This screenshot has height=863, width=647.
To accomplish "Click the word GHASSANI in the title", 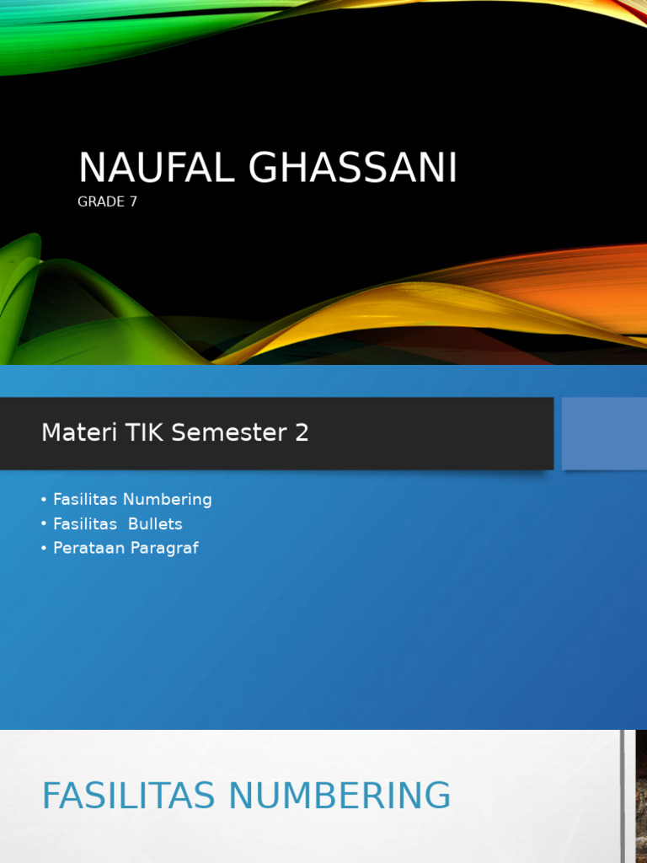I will click(x=353, y=169).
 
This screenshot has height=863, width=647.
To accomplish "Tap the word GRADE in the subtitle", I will click(x=101, y=202).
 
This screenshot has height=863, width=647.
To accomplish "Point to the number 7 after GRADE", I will click(x=133, y=202).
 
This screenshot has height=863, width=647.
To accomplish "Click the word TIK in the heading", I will click(x=144, y=433).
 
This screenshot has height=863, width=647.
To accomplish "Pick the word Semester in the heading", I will click(x=229, y=433).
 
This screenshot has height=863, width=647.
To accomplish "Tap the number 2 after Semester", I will click(x=302, y=433).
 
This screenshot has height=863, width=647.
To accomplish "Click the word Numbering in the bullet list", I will click(x=168, y=500).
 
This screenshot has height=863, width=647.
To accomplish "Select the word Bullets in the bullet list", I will click(x=155, y=524).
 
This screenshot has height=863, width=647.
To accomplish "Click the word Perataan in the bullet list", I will click(x=87, y=549).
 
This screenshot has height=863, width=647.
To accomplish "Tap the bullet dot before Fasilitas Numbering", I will click(x=43, y=500).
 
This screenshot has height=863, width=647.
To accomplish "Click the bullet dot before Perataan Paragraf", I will click(x=43, y=549).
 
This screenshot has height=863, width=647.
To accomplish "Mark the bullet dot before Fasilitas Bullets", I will click(x=43, y=524).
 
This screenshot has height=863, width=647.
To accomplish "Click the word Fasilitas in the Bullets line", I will click(x=85, y=524).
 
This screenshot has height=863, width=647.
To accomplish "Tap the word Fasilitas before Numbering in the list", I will click(x=85, y=500).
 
